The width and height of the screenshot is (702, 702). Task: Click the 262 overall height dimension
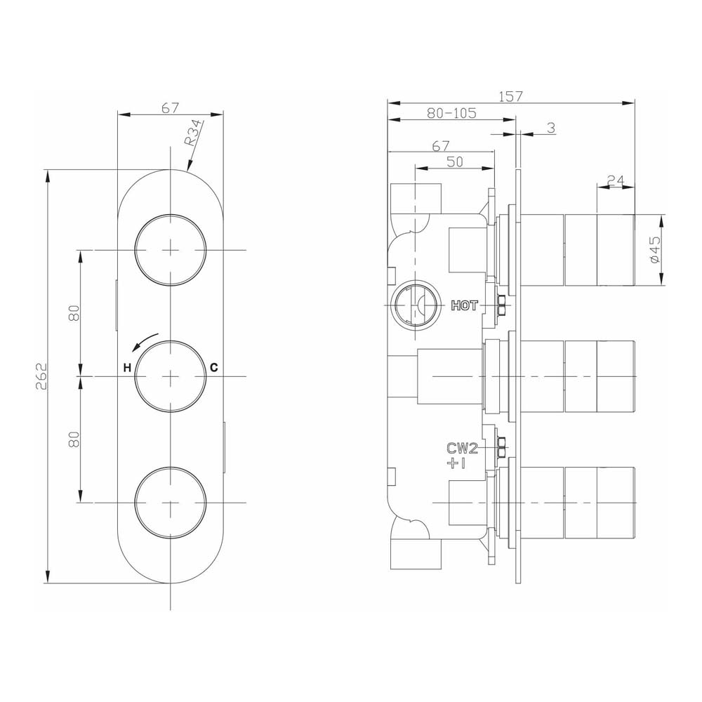point(40,376)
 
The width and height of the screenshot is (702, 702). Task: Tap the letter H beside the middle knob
point(127,368)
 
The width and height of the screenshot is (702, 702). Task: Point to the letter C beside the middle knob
point(215,368)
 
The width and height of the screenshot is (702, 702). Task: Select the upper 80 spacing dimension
point(76,313)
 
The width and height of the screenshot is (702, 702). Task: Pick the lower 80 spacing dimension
point(76,439)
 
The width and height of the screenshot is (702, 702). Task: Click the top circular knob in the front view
point(171,250)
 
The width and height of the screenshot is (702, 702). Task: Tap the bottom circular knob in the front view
point(171,503)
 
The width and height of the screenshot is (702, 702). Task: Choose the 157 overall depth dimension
point(510,96)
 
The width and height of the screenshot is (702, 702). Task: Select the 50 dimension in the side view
point(454,161)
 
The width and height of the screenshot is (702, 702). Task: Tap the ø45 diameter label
point(654,250)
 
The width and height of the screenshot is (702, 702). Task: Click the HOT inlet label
point(464,305)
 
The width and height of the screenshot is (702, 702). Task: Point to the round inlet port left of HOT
point(413,305)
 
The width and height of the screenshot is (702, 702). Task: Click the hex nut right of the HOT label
point(502,305)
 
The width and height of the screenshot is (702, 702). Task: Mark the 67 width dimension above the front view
point(170,107)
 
